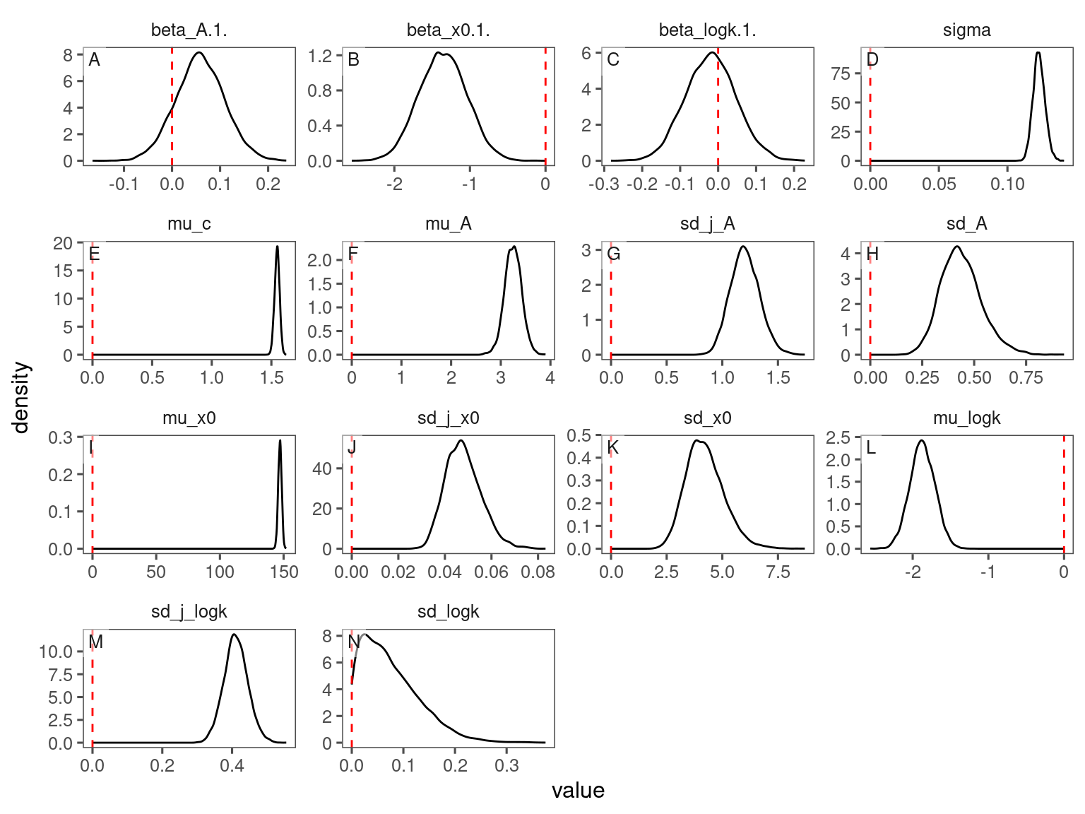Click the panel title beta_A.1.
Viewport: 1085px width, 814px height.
coord(189,30)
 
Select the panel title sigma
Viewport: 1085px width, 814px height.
coord(966,30)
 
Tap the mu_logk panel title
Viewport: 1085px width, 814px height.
coord(966,418)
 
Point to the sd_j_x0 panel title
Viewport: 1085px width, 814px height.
coord(448,418)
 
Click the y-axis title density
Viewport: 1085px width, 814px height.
coord(22,397)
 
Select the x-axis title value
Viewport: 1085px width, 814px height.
coord(578,790)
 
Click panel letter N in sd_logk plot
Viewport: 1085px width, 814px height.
coord(355,642)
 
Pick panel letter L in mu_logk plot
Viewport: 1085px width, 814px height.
coord(872,448)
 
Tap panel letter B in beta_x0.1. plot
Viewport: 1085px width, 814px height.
coord(354,60)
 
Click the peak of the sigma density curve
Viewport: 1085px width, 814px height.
coord(1038,52)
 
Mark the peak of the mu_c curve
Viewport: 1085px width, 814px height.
coord(277,247)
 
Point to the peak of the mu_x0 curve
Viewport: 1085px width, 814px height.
coord(280,441)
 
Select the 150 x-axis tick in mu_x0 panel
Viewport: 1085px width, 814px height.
coord(284,572)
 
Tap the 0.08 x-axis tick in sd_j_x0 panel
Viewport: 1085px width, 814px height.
coord(538,572)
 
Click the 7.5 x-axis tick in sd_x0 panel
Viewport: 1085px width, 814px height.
coord(778,572)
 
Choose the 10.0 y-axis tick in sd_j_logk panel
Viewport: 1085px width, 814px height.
coord(57,651)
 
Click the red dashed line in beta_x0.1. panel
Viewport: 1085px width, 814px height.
coord(545,106)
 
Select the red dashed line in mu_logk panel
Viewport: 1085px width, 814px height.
coord(1064,495)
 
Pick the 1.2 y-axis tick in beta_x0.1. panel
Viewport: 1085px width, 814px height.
coord(320,56)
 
